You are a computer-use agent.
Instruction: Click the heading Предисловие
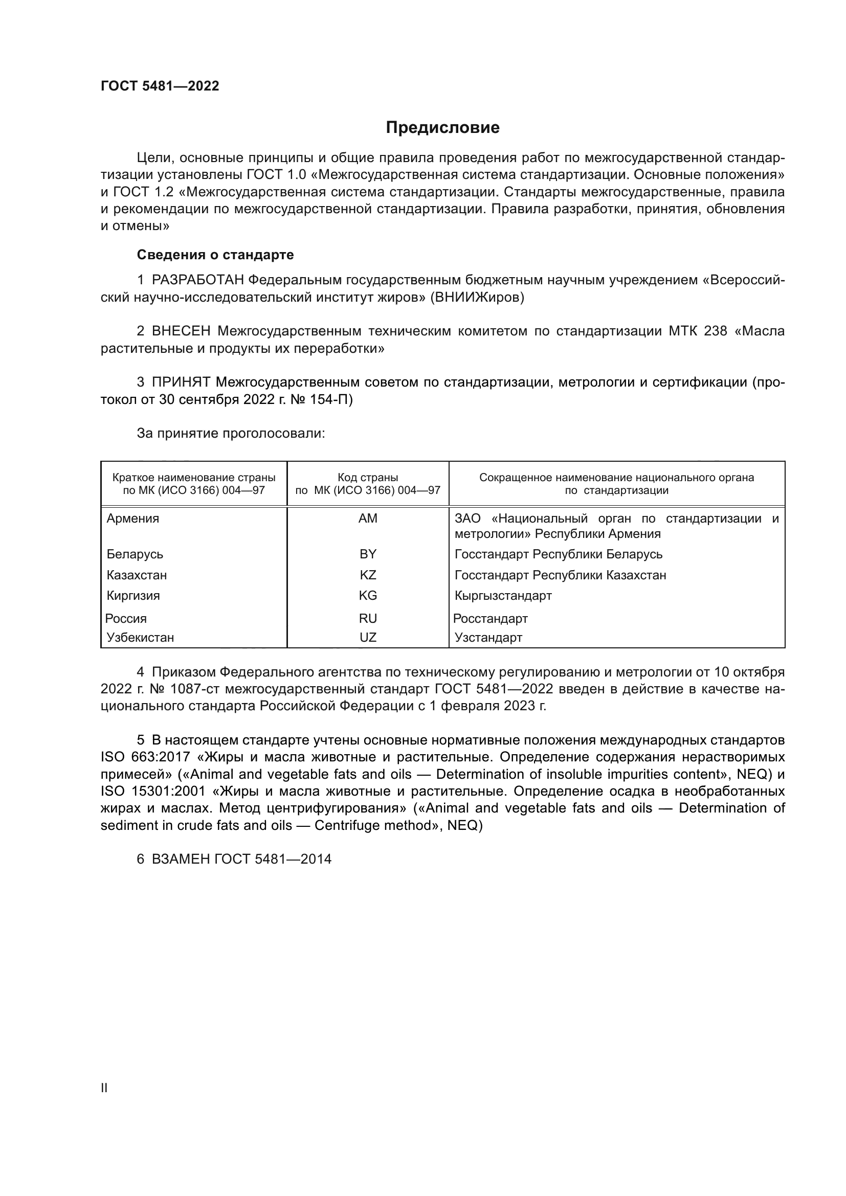[x=442, y=128]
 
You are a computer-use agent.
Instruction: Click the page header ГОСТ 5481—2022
[x=160, y=86]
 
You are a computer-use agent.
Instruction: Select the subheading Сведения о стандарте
[x=215, y=255]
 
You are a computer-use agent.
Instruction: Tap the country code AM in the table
[x=368, y=518]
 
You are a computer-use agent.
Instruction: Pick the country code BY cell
[x=368, y=554]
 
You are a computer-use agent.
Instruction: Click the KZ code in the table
[x=368, y=575]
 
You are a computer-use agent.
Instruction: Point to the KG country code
[x=368, y=595]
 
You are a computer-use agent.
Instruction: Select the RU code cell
[x=368, y=618]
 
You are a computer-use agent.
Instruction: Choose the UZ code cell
[x=368, y=637]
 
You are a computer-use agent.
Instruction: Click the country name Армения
[x=133, y=518]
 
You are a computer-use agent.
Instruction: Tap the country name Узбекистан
[x=140, y=637]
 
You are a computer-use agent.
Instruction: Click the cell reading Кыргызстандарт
[x=503, y=595]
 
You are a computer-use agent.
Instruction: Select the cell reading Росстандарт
[x=490, y=618]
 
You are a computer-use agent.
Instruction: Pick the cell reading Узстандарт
[x=488, y=637]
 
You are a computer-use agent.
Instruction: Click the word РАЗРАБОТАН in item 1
[x=197, y=280]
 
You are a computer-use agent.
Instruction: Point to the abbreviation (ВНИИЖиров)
[x=477, y=298]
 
